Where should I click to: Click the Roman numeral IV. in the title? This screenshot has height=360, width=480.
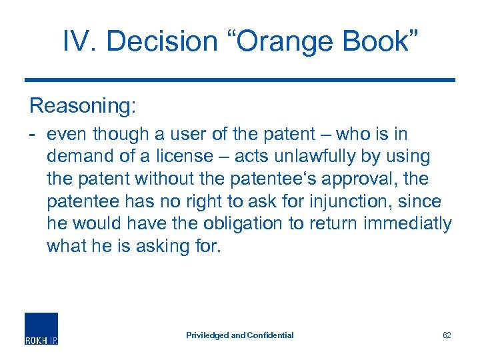pos(78,42)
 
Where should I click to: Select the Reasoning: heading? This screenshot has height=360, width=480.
pos(83,105)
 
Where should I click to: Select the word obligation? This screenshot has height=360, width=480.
pos(233,225)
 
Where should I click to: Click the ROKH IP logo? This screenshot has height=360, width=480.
pos(41,329)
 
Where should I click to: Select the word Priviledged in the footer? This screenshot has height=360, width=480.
pos(207,335)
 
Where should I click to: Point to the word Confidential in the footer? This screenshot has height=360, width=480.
pos(270,335)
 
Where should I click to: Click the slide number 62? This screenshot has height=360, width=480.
pos(447,335)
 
